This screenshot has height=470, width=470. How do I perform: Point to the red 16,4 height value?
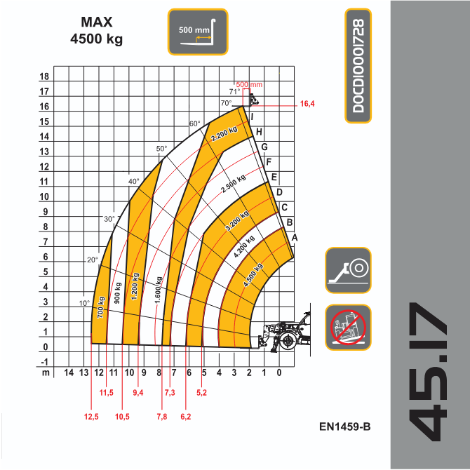coord(307,104)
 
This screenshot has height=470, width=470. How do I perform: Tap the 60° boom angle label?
coord(194,124)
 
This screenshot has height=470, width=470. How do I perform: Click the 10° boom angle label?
coord(84,304)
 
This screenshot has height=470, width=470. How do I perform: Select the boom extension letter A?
coord(295,238)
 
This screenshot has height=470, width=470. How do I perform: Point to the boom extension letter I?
coord(252,117)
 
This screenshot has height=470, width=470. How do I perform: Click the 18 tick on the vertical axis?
coord(44,77)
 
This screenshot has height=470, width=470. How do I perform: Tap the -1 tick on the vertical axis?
coord(44,362)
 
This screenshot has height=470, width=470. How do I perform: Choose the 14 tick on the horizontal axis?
coord(69,372)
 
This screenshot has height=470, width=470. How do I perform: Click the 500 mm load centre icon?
coord(197,32)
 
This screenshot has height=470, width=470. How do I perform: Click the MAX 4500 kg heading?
coord(97,31)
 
